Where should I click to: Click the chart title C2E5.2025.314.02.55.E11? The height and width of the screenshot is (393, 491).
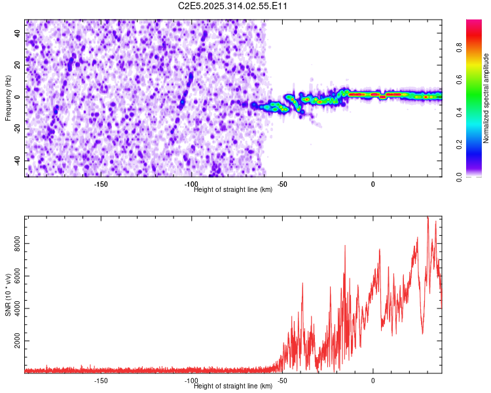click(x=234, y=7)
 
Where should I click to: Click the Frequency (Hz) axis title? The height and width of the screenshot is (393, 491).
click(x=8, y=98)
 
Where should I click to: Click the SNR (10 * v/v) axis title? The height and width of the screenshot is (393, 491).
click(x=8, y=295)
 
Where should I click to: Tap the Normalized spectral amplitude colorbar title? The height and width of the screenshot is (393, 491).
click(x=486, y=98)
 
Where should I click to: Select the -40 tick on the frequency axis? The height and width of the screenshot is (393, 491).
click(x=16, y=160)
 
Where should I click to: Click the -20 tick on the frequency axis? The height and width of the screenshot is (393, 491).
click(x=16, y=128)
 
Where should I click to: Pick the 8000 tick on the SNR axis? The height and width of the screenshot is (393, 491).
click(x=14, y=244)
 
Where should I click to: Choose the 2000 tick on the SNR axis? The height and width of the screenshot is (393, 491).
click(x=14, y=341)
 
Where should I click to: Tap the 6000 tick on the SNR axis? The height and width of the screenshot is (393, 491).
click(x=14, y=276)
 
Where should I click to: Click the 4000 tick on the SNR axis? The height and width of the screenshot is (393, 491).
click(x=14, y=309)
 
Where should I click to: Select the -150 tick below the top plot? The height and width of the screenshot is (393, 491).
click(x=101, y=184)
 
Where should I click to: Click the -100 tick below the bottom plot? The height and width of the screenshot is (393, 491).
click(x=191, y=381)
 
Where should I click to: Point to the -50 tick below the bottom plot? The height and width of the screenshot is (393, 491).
click(x=282, y=381)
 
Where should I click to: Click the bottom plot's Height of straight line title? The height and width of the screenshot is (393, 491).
click(x=233, y=386)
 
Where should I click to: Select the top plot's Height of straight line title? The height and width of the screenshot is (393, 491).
click(x=233, y=190)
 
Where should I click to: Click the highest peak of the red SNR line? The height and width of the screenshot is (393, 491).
click(x=427, y=217)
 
